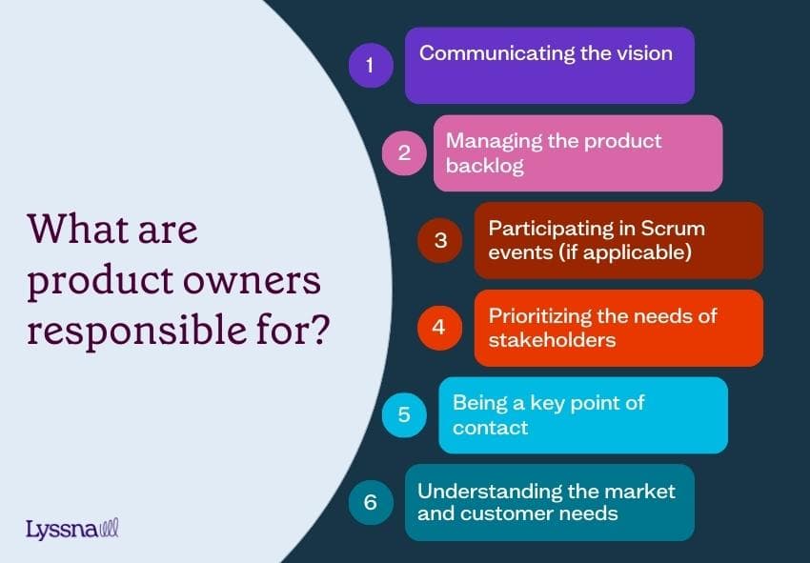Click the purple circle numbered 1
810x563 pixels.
tap(371, 65)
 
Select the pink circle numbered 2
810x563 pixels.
tap(404, 152)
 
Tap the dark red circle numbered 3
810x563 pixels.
tap(440, 240)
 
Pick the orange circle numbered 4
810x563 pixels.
tap(438, 327)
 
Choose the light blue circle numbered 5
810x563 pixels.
tap(404, 414)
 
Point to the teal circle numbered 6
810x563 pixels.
tap(371, 502)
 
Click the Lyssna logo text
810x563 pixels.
tap(62, 529)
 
